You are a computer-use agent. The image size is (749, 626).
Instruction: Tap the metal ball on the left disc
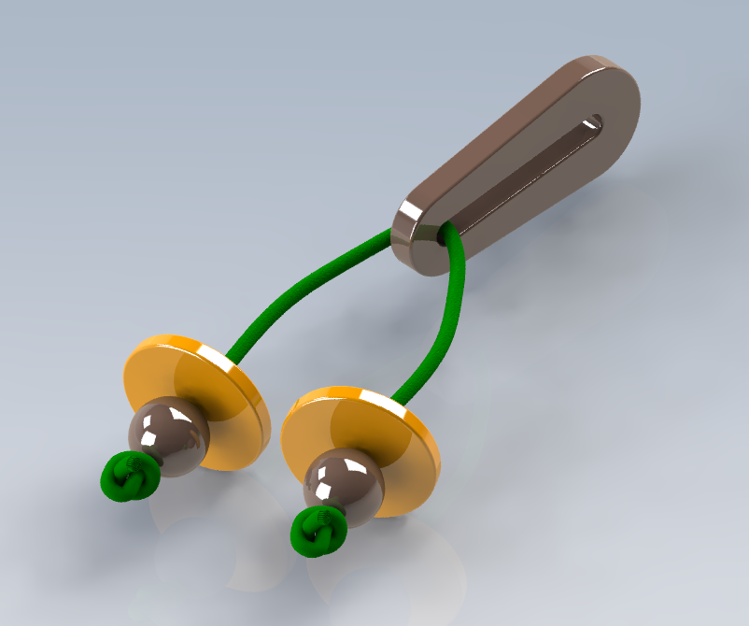(x=169, y=430)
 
